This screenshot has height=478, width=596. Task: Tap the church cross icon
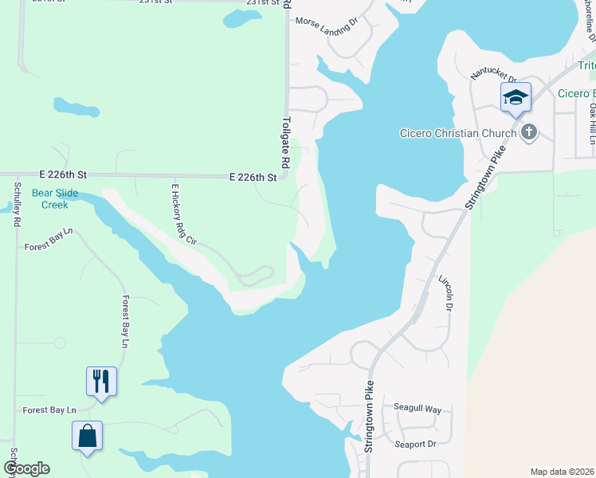click(x=527, y=132)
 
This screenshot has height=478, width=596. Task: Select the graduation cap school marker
click(x=515, y=97)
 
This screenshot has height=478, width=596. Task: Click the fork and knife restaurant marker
click(x=101, y=380)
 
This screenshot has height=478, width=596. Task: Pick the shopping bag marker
click(x=87, y=436)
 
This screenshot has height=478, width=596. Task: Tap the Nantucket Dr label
click(x=494, y=73)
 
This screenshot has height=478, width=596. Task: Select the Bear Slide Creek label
click(x=49, y=199)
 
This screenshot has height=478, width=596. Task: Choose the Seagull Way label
click(x=418, y=409)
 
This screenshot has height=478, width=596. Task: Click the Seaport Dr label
click(x=415, y=444)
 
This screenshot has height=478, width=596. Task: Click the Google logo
click(x=26, y=468)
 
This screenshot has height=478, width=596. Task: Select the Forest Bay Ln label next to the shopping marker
click(x=49, y=410)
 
